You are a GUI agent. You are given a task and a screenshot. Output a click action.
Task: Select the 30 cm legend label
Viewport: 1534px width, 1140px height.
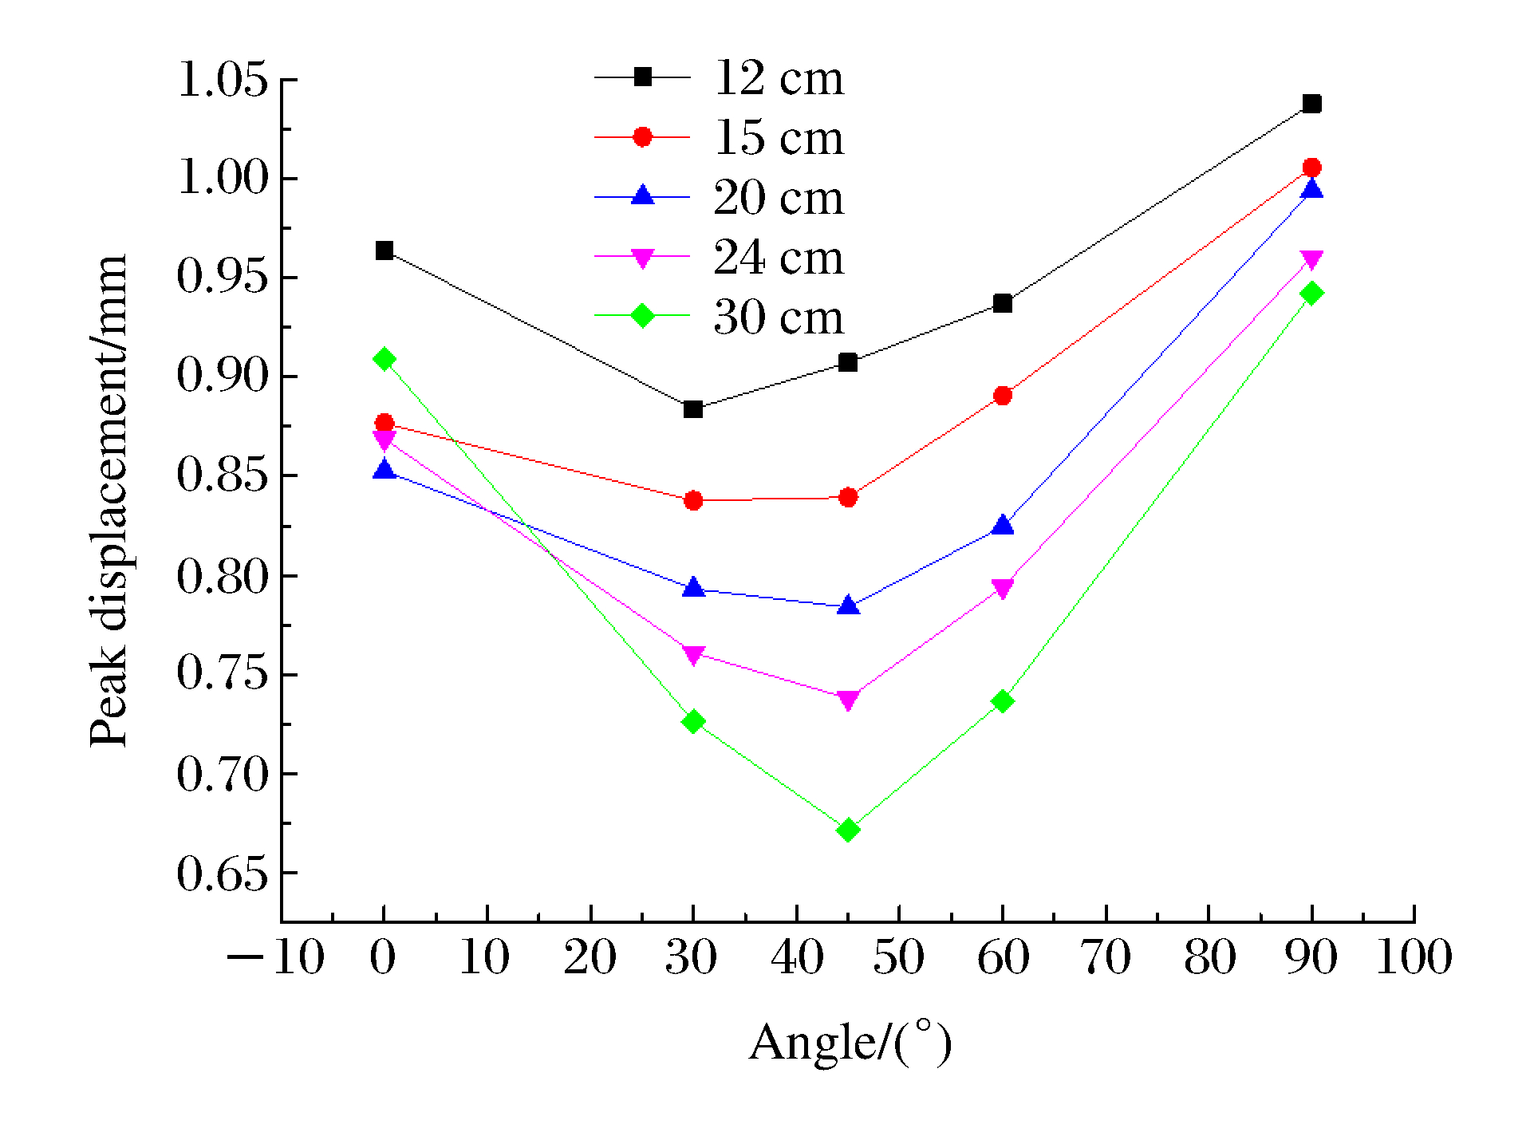point(778,318)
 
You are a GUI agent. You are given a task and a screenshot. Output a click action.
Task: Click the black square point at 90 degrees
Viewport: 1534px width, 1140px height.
point(1311,104)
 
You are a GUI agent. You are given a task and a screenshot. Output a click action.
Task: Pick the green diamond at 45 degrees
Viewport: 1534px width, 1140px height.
point(848,830)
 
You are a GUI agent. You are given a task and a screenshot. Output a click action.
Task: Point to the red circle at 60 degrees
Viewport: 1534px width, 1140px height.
point(1003,396)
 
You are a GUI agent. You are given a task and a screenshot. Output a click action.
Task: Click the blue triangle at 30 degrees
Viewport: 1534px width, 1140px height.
point(693,588)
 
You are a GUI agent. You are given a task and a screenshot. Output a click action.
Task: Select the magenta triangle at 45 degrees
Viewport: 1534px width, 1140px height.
point(848,700)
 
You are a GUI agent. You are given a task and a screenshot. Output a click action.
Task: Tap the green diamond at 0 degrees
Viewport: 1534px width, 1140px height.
point(384,359)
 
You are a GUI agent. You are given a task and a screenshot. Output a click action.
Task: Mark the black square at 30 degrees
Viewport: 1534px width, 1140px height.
point(693,409)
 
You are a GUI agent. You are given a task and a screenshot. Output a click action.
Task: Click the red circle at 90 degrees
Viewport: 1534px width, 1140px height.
point(1311,168)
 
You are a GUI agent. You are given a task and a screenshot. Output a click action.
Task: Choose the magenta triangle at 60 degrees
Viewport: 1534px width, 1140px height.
point(1003,589)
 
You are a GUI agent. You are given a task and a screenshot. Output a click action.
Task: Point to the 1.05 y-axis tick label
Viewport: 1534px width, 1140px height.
point(223,80)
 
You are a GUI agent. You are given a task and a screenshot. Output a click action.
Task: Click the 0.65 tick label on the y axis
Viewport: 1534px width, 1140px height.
point(223,874)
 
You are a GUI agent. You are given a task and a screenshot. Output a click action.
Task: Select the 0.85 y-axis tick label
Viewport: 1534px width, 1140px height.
point(223,475)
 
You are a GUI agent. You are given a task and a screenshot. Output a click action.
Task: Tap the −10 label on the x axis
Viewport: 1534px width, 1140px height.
point(276,957)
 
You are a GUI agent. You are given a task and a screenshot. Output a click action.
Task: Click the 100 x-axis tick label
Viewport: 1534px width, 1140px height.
point(1414,957)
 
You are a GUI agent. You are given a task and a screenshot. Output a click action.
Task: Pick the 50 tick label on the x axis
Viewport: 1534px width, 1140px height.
point(898,957)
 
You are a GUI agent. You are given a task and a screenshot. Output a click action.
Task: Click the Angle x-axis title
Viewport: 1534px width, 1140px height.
point(850,1043)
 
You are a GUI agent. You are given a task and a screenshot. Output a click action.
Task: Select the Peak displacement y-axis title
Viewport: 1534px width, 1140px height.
point(108,500)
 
